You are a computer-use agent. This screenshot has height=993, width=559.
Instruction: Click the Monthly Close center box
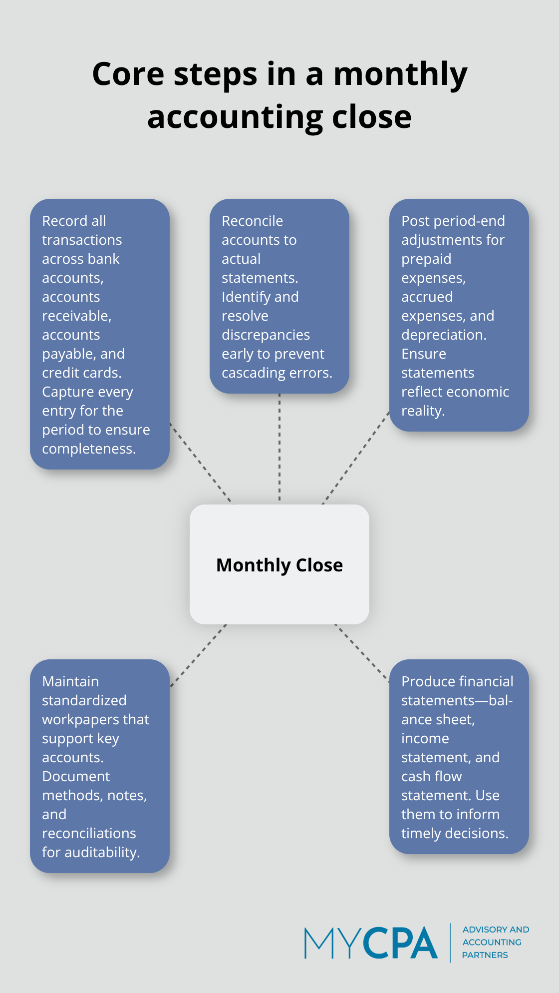click(279, 564)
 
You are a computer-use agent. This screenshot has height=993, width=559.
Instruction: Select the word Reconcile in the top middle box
click(252, 221)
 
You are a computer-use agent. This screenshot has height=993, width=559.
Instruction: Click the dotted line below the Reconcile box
click(279, 447)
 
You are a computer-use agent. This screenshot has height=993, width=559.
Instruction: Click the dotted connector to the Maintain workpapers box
click(198, 655)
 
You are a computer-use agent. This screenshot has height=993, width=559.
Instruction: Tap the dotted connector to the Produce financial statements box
click(362, 653)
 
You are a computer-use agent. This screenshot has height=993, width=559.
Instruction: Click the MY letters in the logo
click(332, 943)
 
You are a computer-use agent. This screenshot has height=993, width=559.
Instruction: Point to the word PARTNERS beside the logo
click(485, 955)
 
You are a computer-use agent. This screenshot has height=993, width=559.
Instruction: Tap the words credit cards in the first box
click(81, 373)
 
